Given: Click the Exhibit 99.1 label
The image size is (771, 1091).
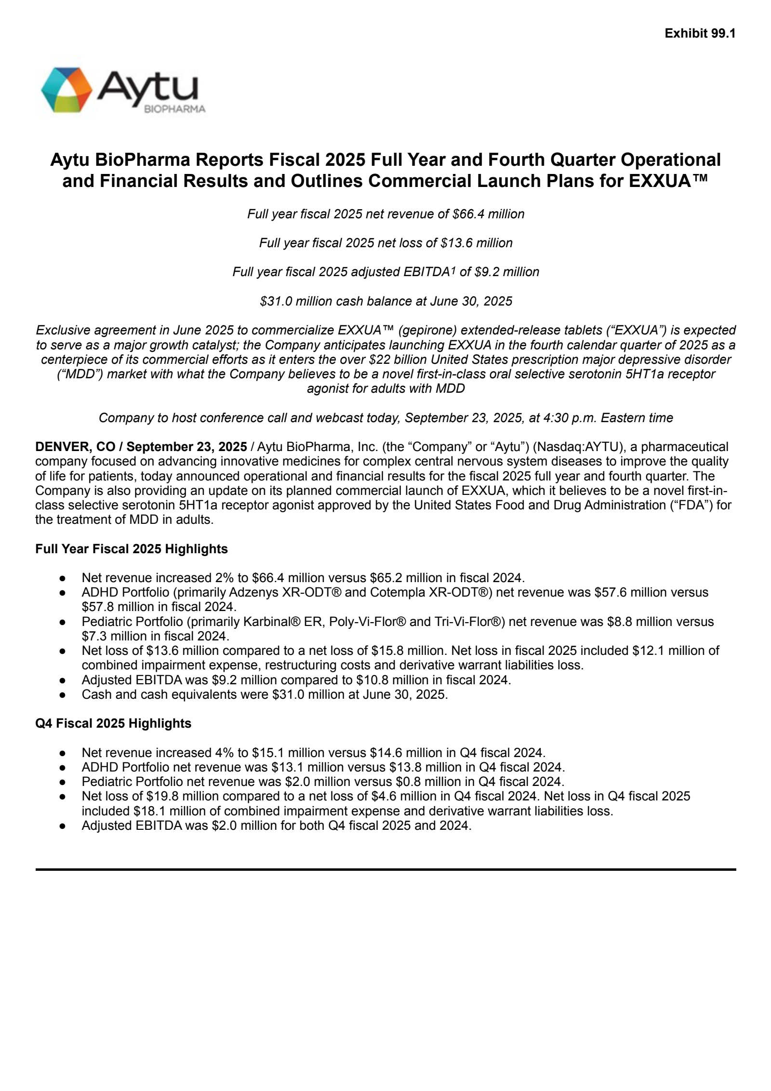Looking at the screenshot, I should tap(700, 33).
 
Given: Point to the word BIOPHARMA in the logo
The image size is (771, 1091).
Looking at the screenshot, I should tap(174, 109).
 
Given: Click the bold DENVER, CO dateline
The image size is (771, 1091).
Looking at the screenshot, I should tap(75, 447).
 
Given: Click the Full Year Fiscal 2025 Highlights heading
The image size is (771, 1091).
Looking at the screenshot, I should tap(132, 549).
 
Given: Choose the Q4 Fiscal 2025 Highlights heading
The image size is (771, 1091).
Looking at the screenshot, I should tap(113, 723).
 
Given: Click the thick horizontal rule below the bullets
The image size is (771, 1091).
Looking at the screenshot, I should tap(385, 869).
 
